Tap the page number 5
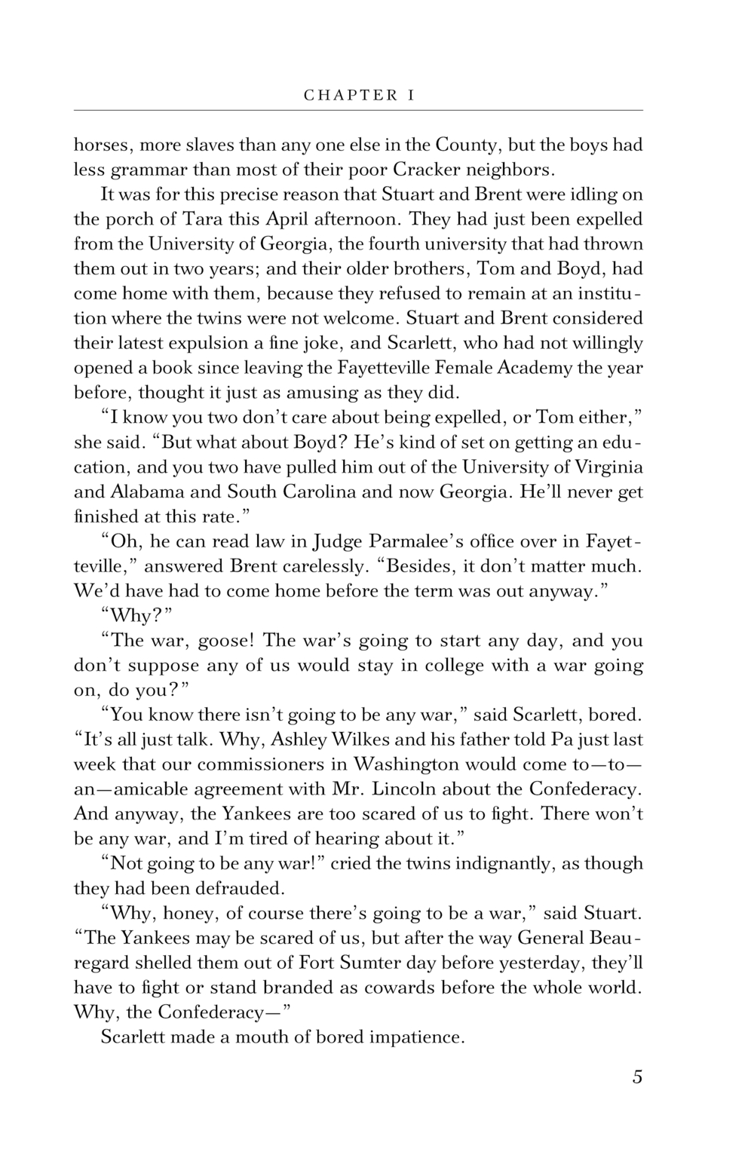click(x=637, y=1077)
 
